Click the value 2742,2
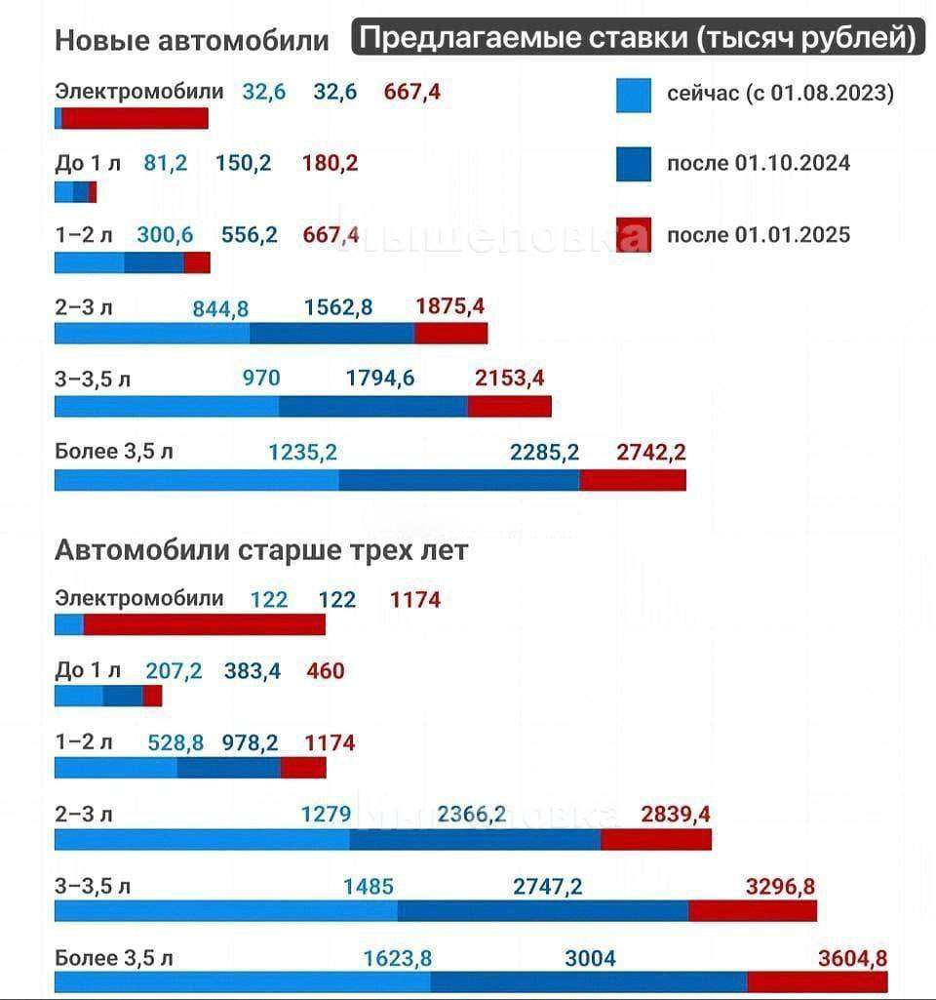pos(651,452)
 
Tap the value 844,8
pos(220,308)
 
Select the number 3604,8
pos(852,957)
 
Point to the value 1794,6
pos(380,379)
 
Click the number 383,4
pos(252,670)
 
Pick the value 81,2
pos(166,163)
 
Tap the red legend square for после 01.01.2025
pos(634,236)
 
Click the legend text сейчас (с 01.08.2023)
pos(781,94)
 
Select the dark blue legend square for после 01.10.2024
pos(634,164)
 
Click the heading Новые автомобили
pos(192,41)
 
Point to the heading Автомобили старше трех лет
pos(261,550)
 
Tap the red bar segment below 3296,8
pos(753,911)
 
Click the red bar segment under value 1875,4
pos(450,334)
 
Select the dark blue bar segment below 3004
pos(589,981)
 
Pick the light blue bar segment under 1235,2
pos(197,480)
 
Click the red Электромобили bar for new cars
pos(136,118)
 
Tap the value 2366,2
pos(472,814)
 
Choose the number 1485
pos(369,886)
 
